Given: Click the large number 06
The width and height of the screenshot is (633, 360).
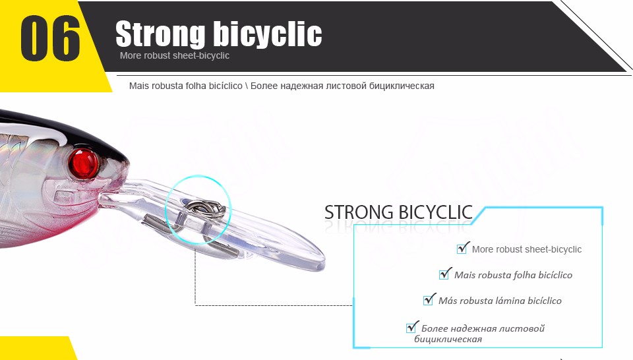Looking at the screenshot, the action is (50, 39).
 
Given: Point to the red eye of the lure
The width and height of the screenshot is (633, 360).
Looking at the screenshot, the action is (84, 164).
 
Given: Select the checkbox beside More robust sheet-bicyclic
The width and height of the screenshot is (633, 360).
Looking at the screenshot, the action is (463, 248).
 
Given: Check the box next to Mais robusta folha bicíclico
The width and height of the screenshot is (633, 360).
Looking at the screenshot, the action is (445, 274).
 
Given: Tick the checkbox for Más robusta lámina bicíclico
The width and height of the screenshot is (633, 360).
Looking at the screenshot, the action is (429, 299).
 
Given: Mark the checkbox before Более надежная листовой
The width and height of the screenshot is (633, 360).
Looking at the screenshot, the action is (412, 327).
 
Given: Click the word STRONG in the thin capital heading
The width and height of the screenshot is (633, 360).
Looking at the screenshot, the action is (359, 212).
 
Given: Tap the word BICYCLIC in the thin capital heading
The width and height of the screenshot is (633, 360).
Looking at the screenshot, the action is (435, 212).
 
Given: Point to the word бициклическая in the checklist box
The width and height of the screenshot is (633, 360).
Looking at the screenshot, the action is (448, 339).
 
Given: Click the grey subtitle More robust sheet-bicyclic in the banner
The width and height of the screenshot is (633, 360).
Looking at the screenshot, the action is (174, 55).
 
